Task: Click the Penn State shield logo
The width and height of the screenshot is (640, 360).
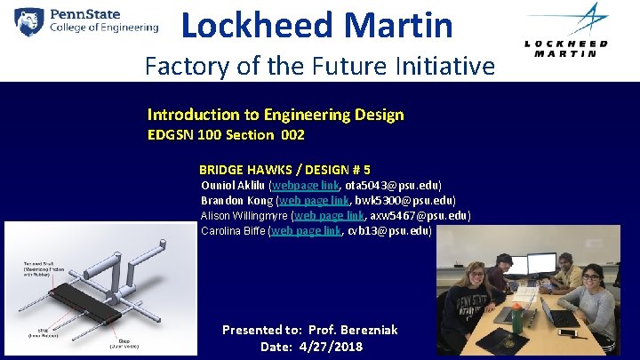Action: click(30, 20)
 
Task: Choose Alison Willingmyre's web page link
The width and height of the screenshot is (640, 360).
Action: click(328, 215)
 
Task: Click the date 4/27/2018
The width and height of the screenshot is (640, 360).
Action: click(330, 347)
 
